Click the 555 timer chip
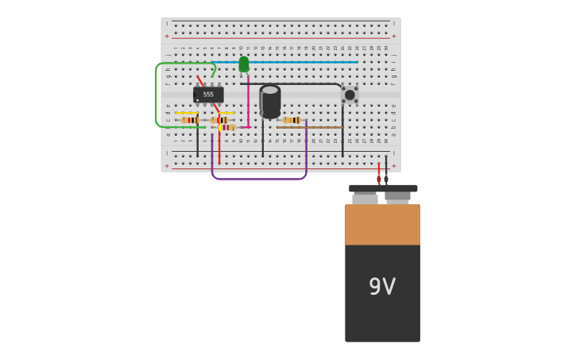point(208,95)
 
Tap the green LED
point(244,64)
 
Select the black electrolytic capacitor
point(270,101)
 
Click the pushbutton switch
point(350,95)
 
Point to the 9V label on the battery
point(382,287)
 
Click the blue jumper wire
point(302,62)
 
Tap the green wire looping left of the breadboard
point(157,95)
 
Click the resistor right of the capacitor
point(292,120)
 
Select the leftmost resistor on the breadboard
point(189,120)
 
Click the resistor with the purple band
point(228,127)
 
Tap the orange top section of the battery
point(382,224)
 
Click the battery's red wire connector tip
point(379,180)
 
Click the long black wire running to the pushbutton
point(294,83)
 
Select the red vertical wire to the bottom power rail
point(219,147)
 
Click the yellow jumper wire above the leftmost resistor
point(187,114)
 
